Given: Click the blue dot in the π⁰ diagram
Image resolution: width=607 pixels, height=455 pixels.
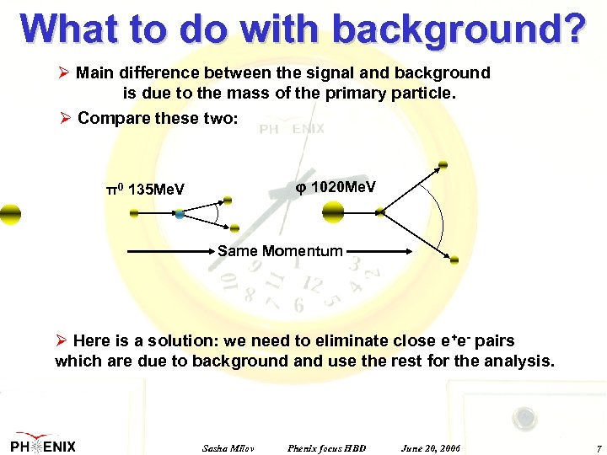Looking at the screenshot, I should (180, 215).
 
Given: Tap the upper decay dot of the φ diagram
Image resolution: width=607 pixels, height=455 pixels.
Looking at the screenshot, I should (443, 165).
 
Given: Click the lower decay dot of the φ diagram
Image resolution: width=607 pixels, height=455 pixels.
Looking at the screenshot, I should (454, 259).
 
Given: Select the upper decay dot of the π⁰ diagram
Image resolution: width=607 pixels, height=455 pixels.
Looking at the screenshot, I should (226, 201).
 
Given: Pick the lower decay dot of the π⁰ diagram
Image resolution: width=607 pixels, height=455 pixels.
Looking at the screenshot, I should (234, 227).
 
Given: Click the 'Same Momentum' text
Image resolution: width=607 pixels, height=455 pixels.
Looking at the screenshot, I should (280, 251).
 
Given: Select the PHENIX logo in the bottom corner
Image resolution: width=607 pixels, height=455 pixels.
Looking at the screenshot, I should (43, 446).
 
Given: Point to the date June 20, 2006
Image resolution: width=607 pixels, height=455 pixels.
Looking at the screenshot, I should (431, 447).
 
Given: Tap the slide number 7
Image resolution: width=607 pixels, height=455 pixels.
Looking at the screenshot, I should (598, 447).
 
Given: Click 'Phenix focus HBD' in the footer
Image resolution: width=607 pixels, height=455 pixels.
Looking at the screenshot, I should (326, 447).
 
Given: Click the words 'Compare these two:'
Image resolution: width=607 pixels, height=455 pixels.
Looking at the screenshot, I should (158, 118).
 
